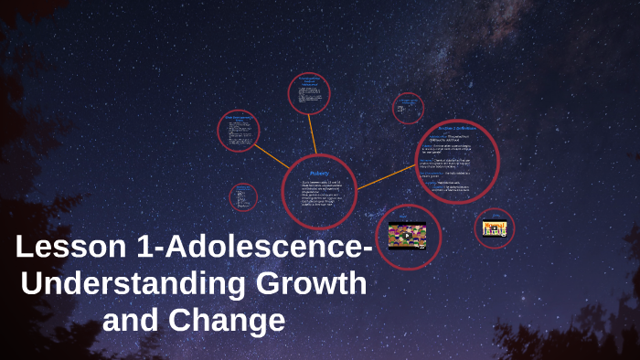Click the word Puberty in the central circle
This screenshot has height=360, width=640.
coord(319,172)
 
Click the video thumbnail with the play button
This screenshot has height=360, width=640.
coord(408,236)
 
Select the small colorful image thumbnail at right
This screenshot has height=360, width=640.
coord(495,228)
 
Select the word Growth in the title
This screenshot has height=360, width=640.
coord(312,283)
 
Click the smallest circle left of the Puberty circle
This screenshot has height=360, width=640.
coord(243,197)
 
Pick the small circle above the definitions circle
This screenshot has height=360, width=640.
coord(408,108)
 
